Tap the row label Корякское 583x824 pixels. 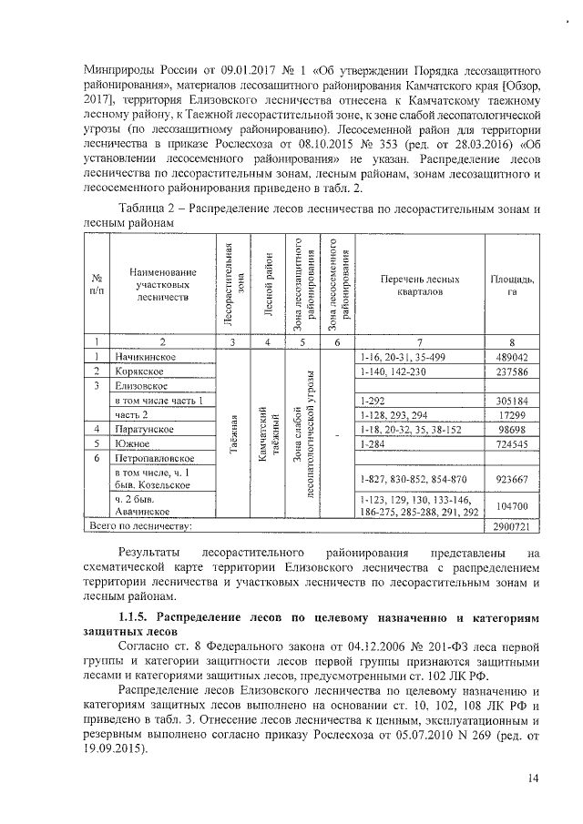tap(138, 372)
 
